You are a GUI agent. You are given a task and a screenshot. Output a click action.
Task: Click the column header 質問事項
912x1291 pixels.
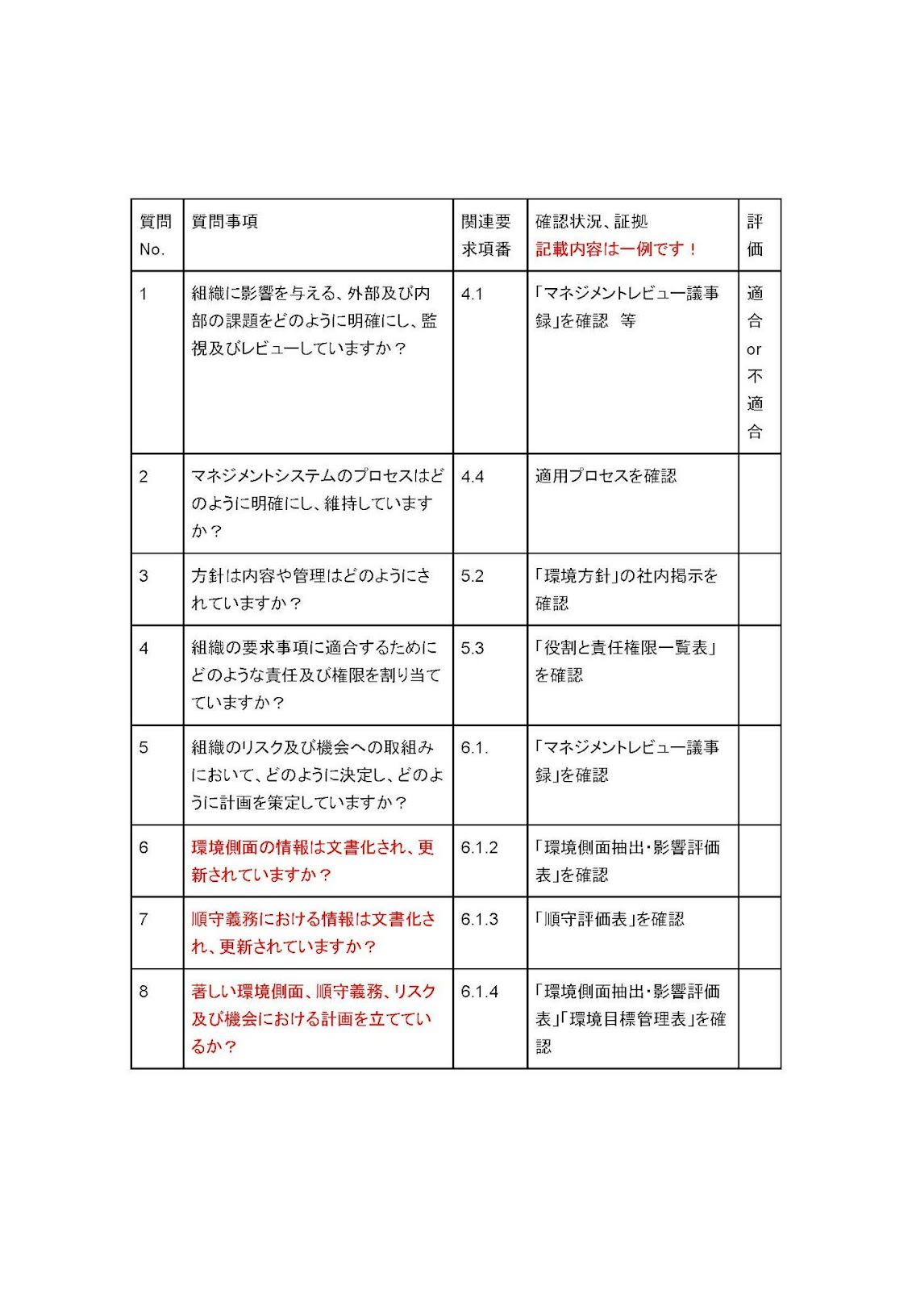pyautogui.click(x=225, y=222)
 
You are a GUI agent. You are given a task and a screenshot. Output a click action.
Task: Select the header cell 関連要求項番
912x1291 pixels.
pyautogui.click(x=486, y=235)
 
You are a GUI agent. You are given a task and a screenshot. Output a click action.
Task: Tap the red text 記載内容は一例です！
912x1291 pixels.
pyautogui.click(x=616, y=249)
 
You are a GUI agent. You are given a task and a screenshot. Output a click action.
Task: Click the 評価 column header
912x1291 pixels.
pyautogui.click(x=755, y=235)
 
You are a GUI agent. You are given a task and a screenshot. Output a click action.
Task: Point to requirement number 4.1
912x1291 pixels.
pyautogui.click(x=472, y=294)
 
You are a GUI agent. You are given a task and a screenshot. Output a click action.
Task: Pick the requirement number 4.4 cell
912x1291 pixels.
pyautogui.click(x=473, y=477)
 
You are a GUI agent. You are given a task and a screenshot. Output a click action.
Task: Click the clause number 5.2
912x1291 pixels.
pyautogui.click(x=473, y=576)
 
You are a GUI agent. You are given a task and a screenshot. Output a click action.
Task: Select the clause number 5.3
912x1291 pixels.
pyautogui.click(x=473, y=648)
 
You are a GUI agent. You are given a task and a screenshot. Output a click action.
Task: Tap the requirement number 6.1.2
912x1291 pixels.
pyautogui.click(x=480, y=848)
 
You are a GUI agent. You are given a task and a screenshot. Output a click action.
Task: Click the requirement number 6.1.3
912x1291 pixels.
pyautogui.click(x=480, y=920)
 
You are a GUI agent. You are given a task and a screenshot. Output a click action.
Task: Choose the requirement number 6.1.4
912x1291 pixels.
pyautogui.click(x=480, y=992)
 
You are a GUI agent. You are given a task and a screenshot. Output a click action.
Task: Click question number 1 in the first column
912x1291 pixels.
pyautogui.click(x=144, y=294)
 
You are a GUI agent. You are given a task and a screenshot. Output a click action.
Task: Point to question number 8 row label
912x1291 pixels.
pyautogui.click(x=144, y=992)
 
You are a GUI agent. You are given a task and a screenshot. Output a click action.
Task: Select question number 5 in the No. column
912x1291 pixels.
pyautogui.click(x=144, y=748)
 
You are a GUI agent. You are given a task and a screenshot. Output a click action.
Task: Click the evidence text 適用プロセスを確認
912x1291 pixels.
pyautogui.click(x=606, y=477)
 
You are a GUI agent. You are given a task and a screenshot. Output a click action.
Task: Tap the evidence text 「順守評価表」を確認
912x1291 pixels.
pyautogui.click(x=610, y=920)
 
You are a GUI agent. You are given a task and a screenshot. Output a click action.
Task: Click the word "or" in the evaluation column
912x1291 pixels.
pyautogui.click(x=754, y=349)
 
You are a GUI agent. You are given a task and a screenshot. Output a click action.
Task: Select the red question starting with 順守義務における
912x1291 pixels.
pyautogui.click(x=313, y=933)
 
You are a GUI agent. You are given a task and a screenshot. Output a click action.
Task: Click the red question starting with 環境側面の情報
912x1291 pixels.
pyautogui.click(x=313, y=861)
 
